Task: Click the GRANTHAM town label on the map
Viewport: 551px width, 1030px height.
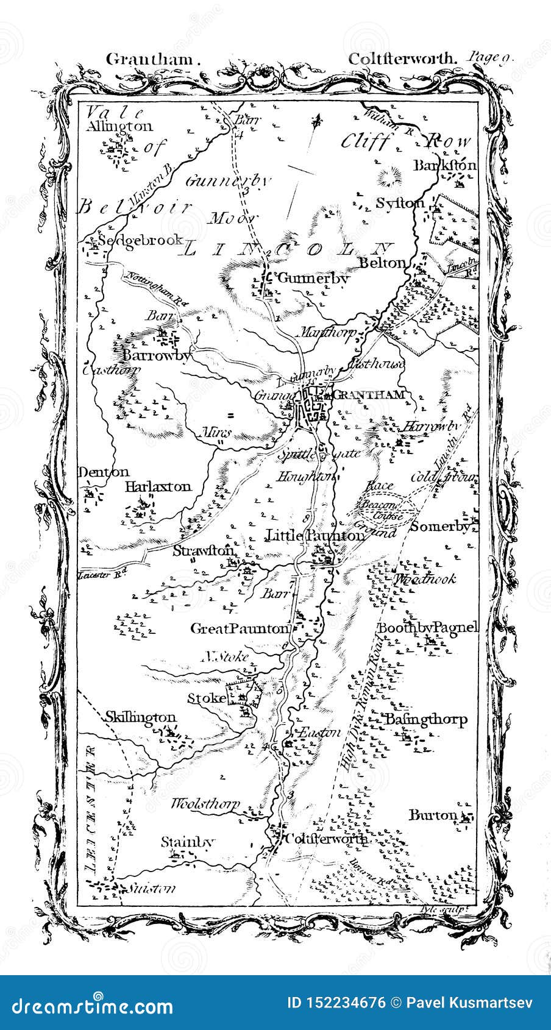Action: click(370, 394)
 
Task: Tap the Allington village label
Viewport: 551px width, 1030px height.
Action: click(119, 127)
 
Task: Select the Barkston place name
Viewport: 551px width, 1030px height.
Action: click(444, 165)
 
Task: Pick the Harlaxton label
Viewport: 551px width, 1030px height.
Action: click(158, 486)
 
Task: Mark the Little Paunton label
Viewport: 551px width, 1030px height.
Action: click(316, 535)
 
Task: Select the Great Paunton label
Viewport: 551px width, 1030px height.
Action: click(239, 628)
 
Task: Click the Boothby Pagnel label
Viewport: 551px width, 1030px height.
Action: click(428, 628)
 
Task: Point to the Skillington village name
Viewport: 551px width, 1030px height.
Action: click(141, 717)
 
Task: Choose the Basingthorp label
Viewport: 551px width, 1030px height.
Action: click(425, 719)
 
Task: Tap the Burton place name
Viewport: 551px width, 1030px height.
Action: click(433, 815)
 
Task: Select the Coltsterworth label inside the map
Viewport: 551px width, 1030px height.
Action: click(327, 839)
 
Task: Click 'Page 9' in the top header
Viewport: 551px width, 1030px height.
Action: click(491, 59)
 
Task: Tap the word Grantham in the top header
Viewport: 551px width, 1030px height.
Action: click(153, 59)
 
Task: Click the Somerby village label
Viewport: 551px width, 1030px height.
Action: click(440, 526)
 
